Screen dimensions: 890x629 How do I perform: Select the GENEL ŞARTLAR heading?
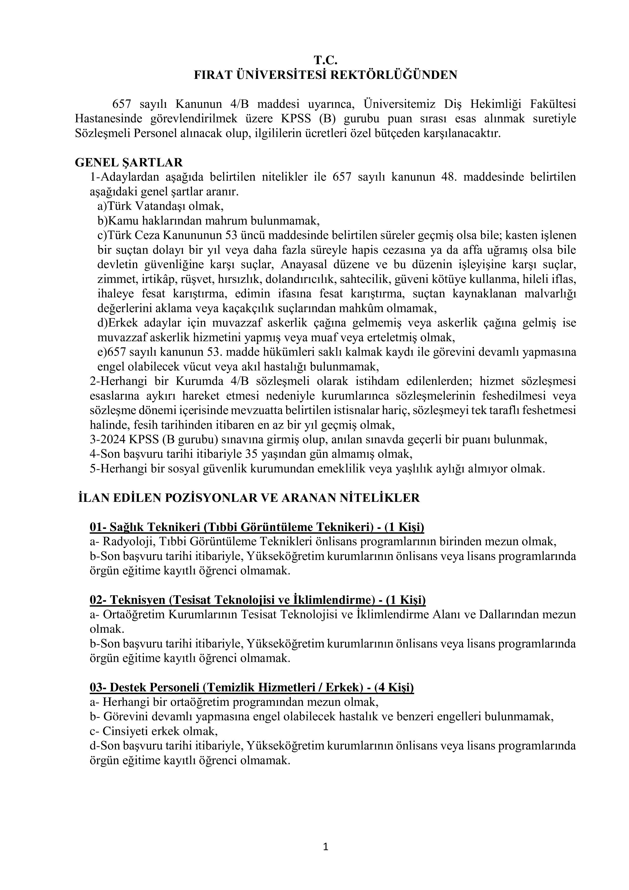[129, 162]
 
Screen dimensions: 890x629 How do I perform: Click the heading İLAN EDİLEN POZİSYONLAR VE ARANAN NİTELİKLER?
[249, 498]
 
